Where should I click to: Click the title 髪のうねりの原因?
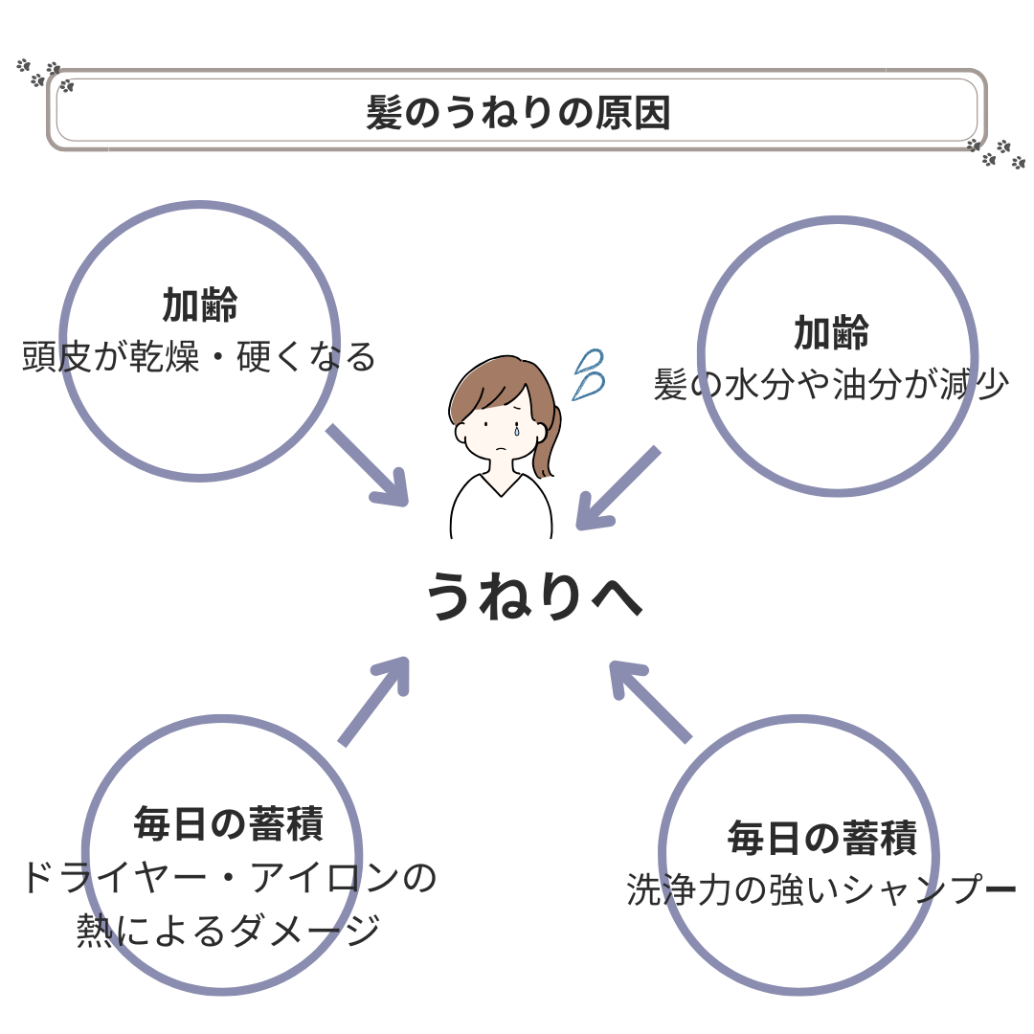point(517,112)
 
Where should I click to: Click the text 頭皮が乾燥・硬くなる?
point(199,357)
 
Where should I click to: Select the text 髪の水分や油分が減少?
point(831,384)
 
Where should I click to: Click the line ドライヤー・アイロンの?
point(228,878)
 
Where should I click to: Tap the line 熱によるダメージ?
point(228,930)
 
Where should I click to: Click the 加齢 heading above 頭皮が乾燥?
point(199,306)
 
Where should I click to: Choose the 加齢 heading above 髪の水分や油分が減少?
point(831,333)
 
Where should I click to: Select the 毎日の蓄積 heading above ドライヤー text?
point(228,823)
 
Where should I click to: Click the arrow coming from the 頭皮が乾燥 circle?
point(369,466)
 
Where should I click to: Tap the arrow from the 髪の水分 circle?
point(618,488)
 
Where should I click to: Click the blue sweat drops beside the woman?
point(587,373)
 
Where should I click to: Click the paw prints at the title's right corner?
point(996,152)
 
